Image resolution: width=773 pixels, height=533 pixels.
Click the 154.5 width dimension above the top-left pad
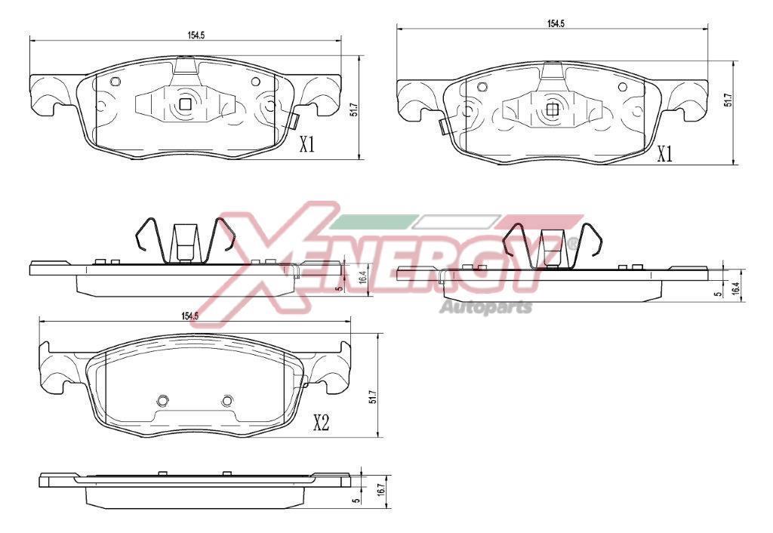(x=196, y=35)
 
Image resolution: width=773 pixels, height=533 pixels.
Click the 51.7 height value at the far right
(x=728, y=100)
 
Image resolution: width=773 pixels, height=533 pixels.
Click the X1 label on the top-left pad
(x=307, y=144)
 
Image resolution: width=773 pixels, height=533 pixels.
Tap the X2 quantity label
(x=321, y=423)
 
